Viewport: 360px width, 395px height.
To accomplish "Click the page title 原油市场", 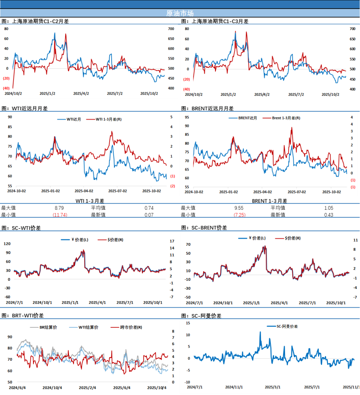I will click(180, 13).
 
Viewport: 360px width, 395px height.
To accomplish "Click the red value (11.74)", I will click(60, 215).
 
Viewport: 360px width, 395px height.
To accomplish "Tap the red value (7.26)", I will click(240, 215).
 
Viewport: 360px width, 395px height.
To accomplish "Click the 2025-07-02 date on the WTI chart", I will click(117, 191).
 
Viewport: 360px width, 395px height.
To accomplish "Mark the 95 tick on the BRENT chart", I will click(187, 117).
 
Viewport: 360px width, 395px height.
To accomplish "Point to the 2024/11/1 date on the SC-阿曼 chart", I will click(234, 387).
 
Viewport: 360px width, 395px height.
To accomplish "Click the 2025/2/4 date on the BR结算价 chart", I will click(87, 388).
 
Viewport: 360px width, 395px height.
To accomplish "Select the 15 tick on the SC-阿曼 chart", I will click(188, 323).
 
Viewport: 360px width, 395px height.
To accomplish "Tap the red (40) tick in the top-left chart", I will click(6, 88).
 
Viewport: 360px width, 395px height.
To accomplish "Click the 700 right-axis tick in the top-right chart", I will click(352, 29).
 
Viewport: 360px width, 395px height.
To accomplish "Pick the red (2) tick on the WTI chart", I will click(173, 186).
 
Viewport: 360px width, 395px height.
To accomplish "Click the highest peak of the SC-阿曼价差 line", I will click(260, 332).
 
